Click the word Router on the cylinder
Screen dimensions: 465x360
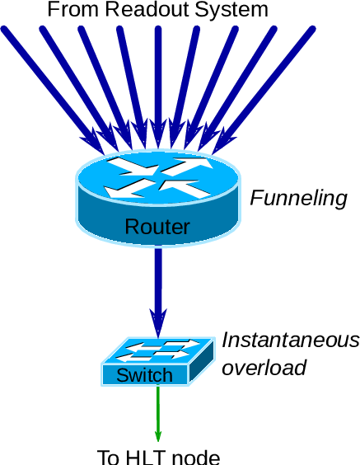click(x=157, y=227)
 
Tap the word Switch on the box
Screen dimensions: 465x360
click(x=145, y=376)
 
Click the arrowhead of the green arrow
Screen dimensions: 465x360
click(x=158, y=434)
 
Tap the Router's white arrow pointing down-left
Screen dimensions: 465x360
click(x=125, y=190)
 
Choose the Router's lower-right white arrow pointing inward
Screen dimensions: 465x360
click(x=189, y=189)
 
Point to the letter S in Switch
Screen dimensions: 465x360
click(x=122, y=376)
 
